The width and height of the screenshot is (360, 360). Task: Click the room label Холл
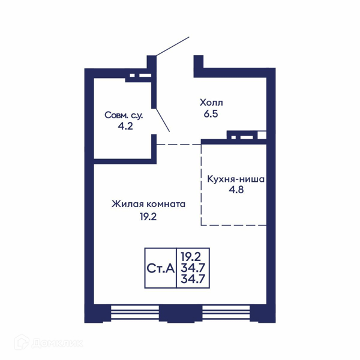211,103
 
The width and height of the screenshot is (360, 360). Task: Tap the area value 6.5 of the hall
211,114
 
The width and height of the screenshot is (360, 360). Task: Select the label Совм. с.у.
124,115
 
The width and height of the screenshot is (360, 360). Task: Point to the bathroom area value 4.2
125,126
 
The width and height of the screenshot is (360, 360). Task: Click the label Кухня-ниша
236,179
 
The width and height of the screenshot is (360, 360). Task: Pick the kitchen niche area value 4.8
236,190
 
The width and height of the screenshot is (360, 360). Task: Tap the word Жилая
127,204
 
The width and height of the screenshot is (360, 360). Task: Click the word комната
166,205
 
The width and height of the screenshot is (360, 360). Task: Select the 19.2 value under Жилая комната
148,217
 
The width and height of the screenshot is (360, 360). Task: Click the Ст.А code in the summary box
160,268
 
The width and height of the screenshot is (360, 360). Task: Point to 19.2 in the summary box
191,256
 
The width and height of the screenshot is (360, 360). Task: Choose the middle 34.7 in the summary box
193,268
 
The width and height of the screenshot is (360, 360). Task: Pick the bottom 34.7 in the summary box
193,279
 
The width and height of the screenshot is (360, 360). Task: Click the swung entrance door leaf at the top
173,46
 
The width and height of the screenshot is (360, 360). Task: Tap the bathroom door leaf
163,119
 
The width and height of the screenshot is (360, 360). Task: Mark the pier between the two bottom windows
181,313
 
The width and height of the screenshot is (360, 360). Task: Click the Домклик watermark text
58,343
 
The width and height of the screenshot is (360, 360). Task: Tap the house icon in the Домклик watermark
22,343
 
